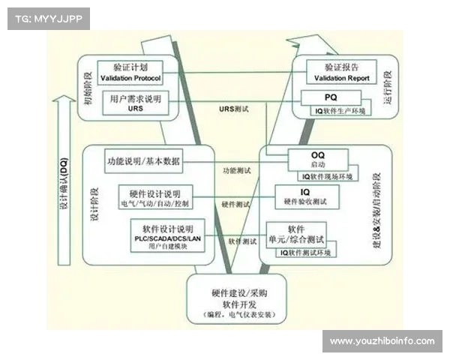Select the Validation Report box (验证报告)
tap(334, 72)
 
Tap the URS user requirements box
tap(136, 103)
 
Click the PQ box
tap(330, 97)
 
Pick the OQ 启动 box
tap(318, 159)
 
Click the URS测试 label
tap(233, 109)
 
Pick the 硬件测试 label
tap(235, 204)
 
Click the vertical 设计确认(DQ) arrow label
tap(64, 187)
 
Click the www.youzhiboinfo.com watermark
tap(382, 341)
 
